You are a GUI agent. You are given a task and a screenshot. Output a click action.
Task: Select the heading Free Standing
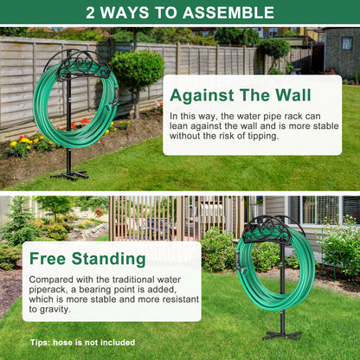coord(87,259)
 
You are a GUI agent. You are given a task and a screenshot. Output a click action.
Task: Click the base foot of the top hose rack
coord(69,175)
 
